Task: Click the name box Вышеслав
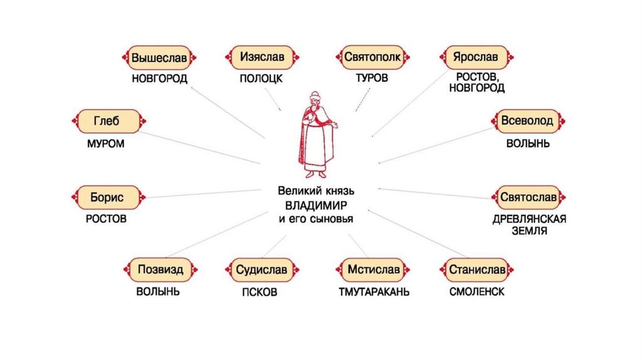tap(159, 58)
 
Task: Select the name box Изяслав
tap(261, 57)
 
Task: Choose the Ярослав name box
tap(476, 57)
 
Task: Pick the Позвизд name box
tap(159, 270)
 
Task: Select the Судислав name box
tap(261, 270)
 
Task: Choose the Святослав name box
tap(529, 198)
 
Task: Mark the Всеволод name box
tap(527, 121)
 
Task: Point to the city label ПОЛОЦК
tap(261, 78)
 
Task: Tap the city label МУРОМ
tap(105, 144)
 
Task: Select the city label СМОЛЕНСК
tap(476, 292)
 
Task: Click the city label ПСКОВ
tap(260, 292)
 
